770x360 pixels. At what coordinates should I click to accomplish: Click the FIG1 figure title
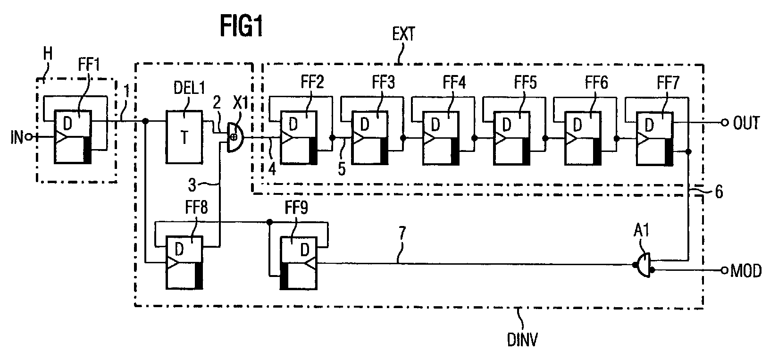(241, 26)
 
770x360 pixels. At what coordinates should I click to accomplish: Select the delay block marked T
(184, 137)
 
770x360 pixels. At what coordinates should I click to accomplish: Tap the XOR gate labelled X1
(234, 137)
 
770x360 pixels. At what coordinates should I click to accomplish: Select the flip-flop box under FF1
(73, 137)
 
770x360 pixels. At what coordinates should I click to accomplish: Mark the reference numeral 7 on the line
(402, 233)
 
